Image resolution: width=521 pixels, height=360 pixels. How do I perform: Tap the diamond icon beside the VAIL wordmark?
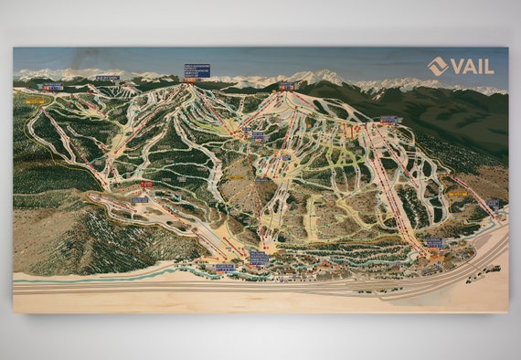(437, 66)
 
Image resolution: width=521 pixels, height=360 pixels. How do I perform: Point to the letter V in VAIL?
(456, 66)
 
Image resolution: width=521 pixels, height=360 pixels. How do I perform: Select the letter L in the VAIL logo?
(489, 66)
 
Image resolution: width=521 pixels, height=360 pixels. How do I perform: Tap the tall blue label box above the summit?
(197, 70)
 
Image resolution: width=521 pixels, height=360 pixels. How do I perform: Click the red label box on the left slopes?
(146, 184)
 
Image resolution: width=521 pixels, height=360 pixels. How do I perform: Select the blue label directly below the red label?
(139, 199)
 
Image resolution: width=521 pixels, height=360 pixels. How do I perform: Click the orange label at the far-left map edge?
(34, 101)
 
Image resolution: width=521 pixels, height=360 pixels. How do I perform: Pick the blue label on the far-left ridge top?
(51, 87)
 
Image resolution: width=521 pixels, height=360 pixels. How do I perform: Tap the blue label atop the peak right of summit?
(286, 87)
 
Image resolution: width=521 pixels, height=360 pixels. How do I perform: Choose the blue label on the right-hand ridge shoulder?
(390, 119)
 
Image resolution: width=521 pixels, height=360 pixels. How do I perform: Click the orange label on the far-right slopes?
(457, 194)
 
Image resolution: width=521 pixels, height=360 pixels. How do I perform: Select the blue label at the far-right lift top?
(493, 202)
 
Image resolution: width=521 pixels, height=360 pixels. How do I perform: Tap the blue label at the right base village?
(433, 242)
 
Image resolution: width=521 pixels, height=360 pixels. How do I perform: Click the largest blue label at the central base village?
(259, 259)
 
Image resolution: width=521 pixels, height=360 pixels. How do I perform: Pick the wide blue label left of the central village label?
(224, 268)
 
